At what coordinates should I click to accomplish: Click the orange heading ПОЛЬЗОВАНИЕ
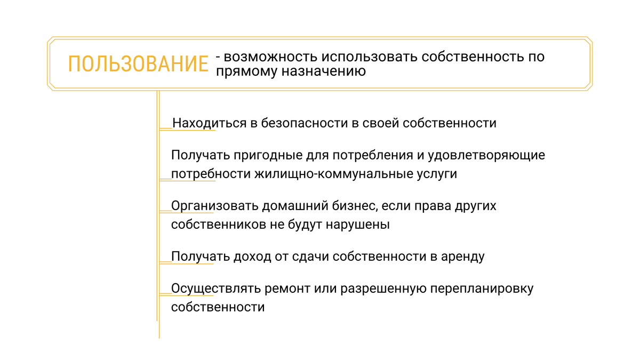pyautogui.click(x=138, y=63)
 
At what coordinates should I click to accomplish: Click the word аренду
pyautogui.click(x=463, y=257)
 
